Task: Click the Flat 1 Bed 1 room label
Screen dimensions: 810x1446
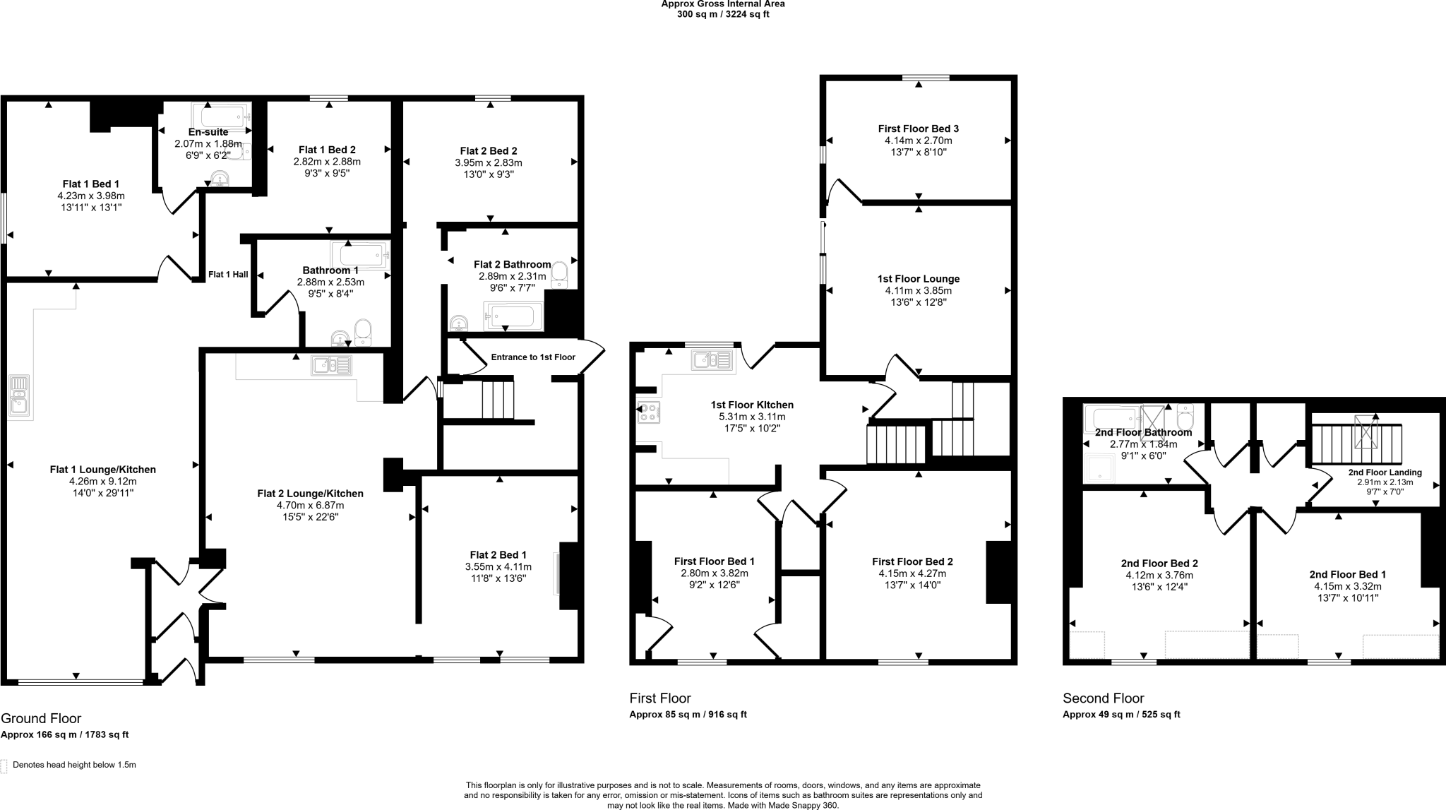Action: (x=91, y=184)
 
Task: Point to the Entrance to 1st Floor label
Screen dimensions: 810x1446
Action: (x=533, y=357)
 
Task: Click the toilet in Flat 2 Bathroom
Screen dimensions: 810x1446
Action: (x=560, y=274)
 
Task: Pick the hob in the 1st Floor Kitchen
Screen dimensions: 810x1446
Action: (x=648, y=412)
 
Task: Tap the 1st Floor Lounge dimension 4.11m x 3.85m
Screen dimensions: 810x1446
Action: (x=918, y=290)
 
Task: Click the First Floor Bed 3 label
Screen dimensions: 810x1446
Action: (x=918, y=129)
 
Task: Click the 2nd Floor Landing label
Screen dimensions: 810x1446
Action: (x=1385, y=472)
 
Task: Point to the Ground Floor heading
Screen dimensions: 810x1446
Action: (x=41, y=718)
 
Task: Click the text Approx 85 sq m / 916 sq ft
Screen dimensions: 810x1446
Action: (x=688, y=715)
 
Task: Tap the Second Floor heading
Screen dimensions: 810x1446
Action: (x=1103, y=698)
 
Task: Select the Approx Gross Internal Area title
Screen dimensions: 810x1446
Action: (x=722, y=4)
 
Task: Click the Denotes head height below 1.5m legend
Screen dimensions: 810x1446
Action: (x=74, y=765)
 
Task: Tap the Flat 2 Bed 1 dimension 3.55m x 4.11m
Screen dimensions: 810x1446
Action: (x=498, y=566)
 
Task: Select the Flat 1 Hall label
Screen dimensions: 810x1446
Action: (x=228, y=275)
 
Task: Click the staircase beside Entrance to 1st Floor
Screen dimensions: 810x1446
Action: (x=498, y=400)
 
